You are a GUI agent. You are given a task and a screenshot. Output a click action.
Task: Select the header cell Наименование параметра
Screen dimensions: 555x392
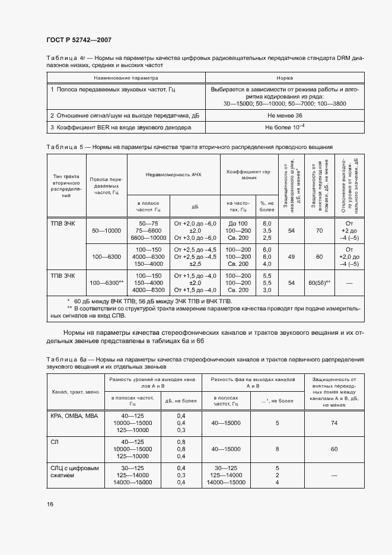tap(128, 78)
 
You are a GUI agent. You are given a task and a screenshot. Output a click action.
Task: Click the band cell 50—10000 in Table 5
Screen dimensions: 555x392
tap(107, 230)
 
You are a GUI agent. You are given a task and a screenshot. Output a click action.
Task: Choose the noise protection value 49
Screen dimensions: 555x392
tap(291, 257)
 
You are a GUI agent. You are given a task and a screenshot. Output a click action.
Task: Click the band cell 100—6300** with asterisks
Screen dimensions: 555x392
tap(107, 283)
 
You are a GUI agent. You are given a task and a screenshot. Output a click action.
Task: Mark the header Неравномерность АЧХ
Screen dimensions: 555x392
tap(174, 174)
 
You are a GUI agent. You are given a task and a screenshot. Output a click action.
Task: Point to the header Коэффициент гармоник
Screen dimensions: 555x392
tap(249, 174)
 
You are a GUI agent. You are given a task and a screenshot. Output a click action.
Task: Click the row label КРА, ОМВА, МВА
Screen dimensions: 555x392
tap(74, 416)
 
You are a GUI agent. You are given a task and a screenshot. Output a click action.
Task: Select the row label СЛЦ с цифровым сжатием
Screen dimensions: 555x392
tap(75, 472)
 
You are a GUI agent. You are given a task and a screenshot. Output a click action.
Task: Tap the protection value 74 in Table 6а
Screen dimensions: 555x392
tap(334, 423)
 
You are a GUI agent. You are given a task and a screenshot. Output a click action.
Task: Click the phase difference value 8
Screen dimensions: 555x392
tap(278, 449)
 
